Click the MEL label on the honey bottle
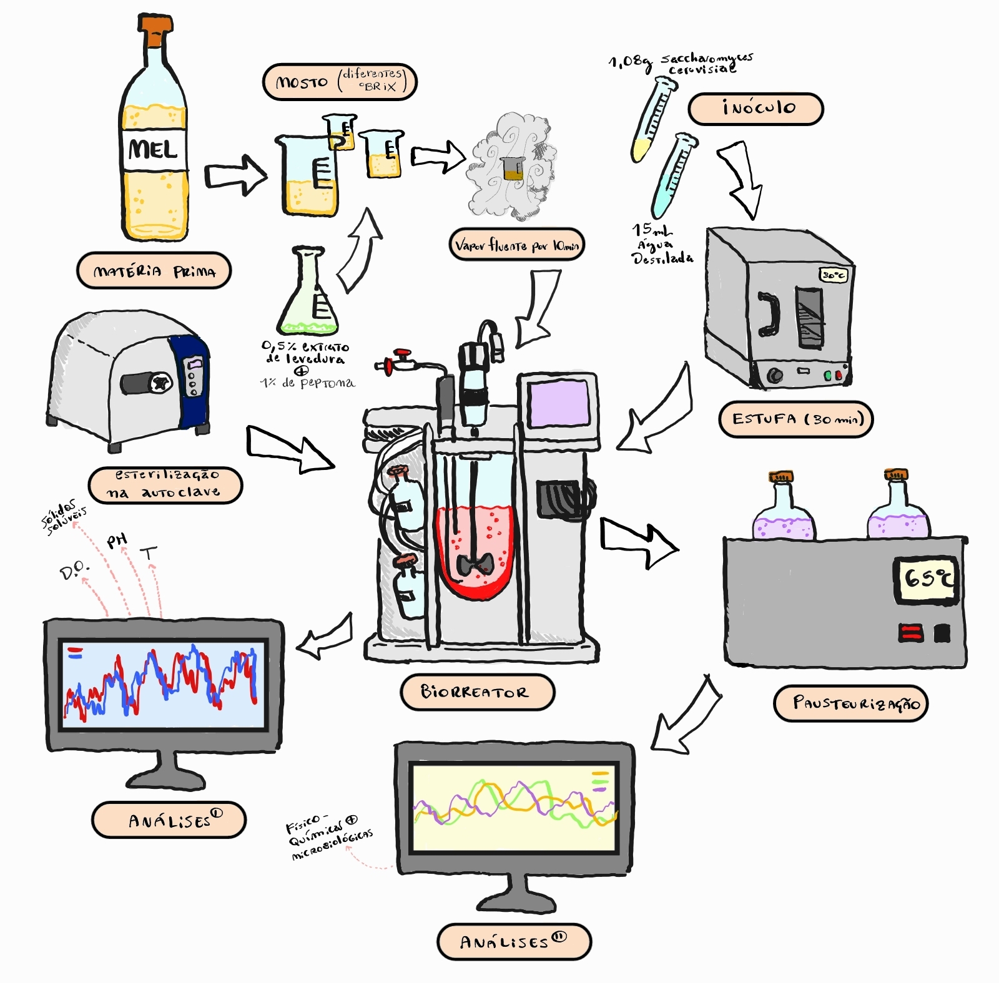pos(154,150)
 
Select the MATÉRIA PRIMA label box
pos(154,271)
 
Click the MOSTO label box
pos(339,82)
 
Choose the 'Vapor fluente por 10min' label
pos(516,245)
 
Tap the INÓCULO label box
pos(755,109)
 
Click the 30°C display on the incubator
pos(833,275)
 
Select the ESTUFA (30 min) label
pos(795,419)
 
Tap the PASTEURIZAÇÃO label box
pos(850,703)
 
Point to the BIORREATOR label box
pos(477,692)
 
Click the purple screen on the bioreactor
pos(558,403)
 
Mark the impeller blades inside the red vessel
pos(476,564)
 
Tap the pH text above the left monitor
pos(117,540)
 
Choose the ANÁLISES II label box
pos(513,941)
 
